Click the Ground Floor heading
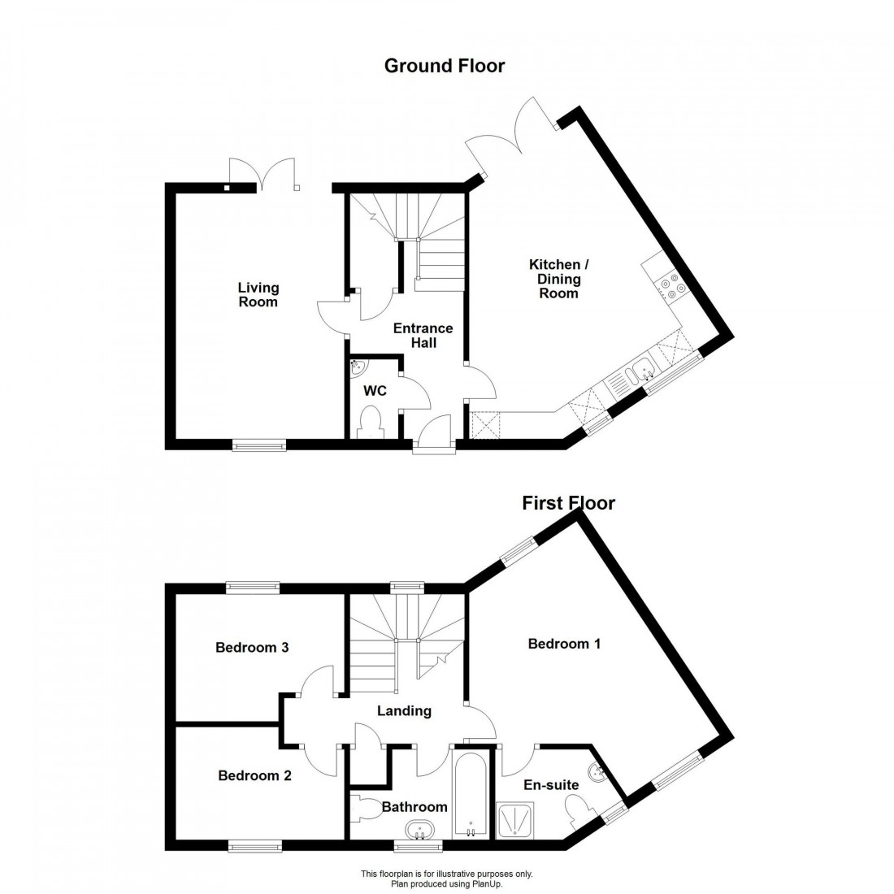444,66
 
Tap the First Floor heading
568,503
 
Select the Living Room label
258,294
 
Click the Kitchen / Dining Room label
555,279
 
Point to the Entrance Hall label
423,336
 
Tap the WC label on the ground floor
375,391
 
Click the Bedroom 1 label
564,644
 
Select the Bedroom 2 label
254,775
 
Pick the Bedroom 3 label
252,648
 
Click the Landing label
404,711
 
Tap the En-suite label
550,784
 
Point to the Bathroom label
414,807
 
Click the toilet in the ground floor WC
372,424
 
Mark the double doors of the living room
265,173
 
